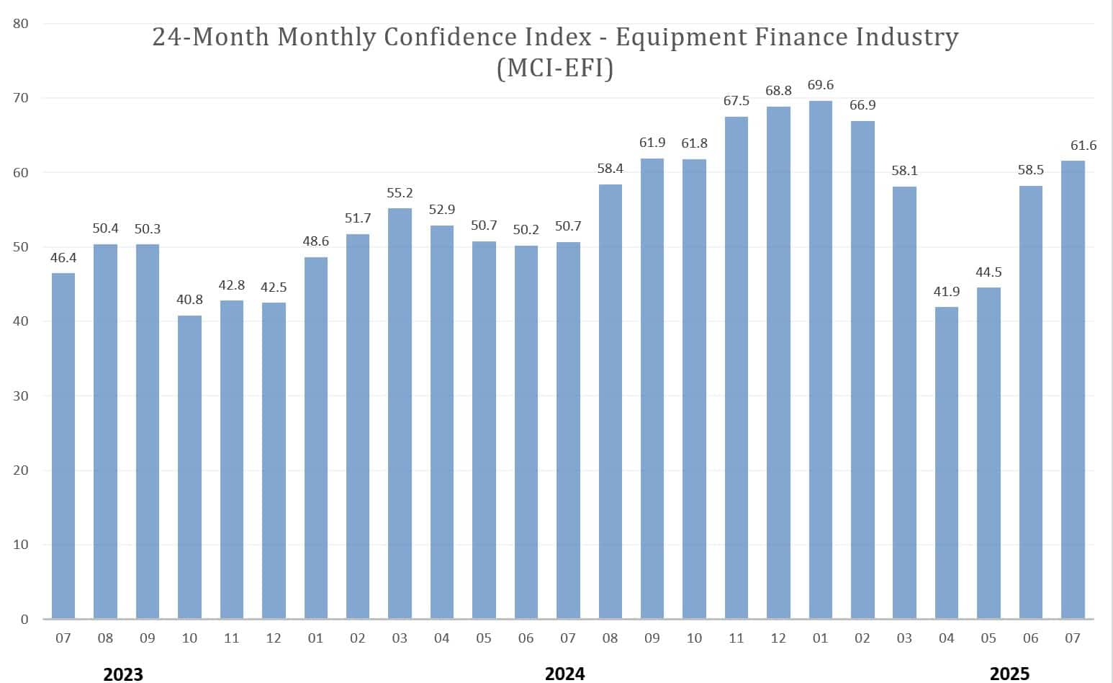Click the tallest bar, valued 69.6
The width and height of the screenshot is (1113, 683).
pos(820,360)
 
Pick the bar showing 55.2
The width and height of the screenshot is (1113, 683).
pos(400,414)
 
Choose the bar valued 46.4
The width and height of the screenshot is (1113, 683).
pos(63,446)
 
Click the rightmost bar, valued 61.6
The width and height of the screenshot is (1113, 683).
pos(1073,390)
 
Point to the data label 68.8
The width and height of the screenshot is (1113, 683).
pos(778,91)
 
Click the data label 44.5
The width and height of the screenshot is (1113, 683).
pos(988,272)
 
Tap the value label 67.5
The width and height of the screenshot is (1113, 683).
pos(736,101)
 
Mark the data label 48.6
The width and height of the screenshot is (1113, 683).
pos(315,241)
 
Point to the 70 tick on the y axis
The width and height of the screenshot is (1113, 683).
pos(21,98)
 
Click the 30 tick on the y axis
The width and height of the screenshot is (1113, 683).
pos(21,396)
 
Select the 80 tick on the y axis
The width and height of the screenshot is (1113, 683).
pos(21,24)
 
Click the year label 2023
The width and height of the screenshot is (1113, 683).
pos(123,674)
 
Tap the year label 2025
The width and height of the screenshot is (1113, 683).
pos(1009,674)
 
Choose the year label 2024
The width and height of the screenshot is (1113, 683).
pos(564,674)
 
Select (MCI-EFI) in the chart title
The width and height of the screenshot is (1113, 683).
pos(555,68)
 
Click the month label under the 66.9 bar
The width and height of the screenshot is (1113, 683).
pos(862,638)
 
